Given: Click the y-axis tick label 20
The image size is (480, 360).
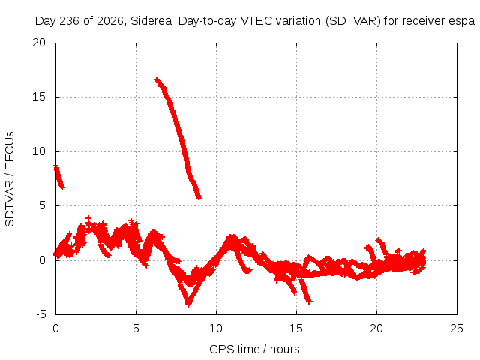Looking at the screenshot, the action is pos(39,43).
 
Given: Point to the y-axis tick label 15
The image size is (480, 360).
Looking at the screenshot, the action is pos(39,97).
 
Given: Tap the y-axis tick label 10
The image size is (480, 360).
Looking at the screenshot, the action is pos(39,151).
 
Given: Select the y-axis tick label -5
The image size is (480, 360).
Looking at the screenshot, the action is pos(40,314).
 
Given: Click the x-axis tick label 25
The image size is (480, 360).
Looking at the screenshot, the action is pos(457,328).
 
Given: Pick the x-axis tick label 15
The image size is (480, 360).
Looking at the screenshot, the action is pos(296,328).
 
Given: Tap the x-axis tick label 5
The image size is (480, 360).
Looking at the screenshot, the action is pos(136,328).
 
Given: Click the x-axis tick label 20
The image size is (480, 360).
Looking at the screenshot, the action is pos(376,328).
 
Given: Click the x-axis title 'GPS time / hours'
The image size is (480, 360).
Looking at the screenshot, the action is pos(254,349).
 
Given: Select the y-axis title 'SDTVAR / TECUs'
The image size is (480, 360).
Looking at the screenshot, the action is pos(10,179).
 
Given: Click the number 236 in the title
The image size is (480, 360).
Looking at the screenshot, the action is pos(70,21).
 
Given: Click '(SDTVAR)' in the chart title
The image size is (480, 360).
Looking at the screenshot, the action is pos(353,21).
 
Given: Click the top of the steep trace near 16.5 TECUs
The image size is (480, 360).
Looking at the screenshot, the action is pos(157,79).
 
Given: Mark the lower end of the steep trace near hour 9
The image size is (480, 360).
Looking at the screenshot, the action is pos(199,198).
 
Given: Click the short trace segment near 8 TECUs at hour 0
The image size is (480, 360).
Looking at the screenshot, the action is pos(58,177).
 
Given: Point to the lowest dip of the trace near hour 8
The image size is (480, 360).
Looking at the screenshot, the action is pos(188,304).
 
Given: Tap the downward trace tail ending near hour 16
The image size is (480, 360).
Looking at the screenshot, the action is pos(305,290).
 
